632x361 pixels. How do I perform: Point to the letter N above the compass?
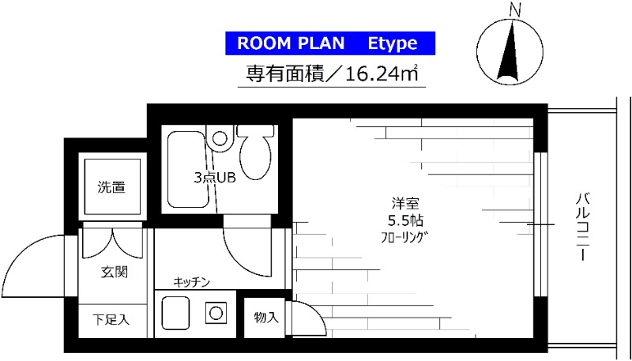515,10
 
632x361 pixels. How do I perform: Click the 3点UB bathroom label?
215,177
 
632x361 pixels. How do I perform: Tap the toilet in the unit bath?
254,155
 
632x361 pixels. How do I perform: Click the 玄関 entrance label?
115,273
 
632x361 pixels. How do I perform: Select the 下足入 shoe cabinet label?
110,320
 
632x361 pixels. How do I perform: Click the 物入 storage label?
266,318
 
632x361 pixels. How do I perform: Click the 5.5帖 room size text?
403,220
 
